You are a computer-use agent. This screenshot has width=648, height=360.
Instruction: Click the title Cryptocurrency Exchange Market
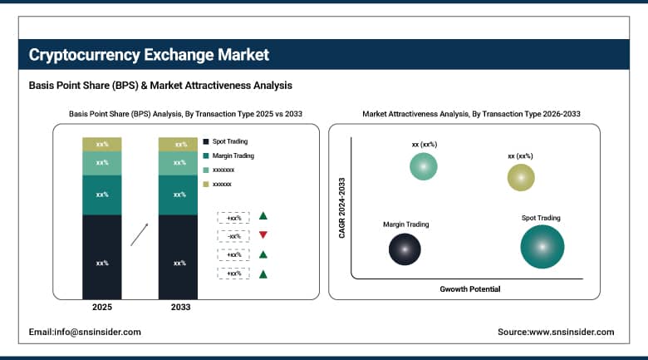149,56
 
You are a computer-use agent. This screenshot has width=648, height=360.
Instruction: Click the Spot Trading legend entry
229,141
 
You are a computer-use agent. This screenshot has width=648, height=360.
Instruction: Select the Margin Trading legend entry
233,155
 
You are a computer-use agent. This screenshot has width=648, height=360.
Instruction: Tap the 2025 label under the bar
102,307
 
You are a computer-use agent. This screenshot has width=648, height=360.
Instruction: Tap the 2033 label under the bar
179,307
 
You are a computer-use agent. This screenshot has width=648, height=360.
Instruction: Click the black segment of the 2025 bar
102,257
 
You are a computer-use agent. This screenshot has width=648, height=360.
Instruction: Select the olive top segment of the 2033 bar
179,144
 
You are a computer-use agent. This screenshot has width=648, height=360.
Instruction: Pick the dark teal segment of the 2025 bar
102,195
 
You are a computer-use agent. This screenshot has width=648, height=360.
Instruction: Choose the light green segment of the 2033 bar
179,163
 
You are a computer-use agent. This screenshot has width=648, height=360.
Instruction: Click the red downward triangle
263,235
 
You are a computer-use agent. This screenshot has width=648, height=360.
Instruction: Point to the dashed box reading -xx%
233,235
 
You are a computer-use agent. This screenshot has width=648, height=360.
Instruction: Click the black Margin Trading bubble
405,248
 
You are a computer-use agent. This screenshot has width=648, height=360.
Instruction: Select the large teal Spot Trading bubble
542,247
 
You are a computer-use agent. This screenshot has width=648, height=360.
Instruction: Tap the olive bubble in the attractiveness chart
521,177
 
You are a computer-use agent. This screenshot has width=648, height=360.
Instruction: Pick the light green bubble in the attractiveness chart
424,166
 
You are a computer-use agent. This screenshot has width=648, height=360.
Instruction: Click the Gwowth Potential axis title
470,289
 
